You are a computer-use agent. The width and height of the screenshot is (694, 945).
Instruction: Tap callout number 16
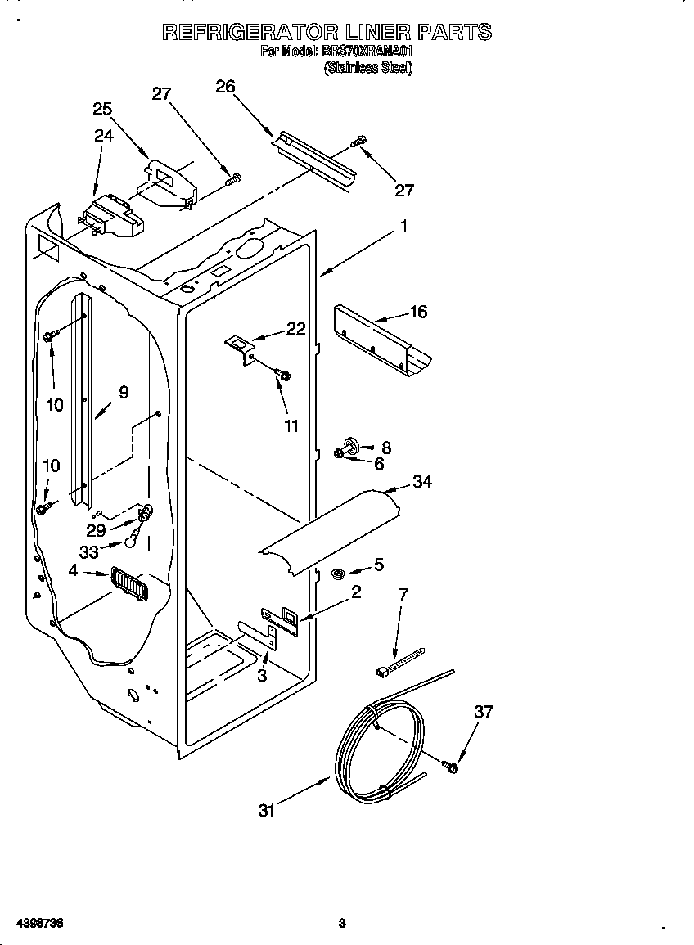click(x=418, y=313)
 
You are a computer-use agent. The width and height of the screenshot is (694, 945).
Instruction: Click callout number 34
click(x=421, y=482)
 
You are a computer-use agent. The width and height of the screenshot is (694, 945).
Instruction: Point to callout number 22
click(x=295, y=328)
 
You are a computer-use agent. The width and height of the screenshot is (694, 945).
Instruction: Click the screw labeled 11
click(x=283, y=375)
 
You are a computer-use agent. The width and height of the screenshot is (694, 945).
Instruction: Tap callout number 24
click(x=104, y=136)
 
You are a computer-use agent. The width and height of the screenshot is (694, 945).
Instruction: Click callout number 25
click(x=102, y=109)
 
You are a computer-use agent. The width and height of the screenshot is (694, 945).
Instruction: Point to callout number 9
click(x=124, y=393)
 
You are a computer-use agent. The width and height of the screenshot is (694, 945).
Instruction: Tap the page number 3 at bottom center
click(x=342, y=923)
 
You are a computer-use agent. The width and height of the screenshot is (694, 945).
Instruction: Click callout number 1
click(x=403, y=225)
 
